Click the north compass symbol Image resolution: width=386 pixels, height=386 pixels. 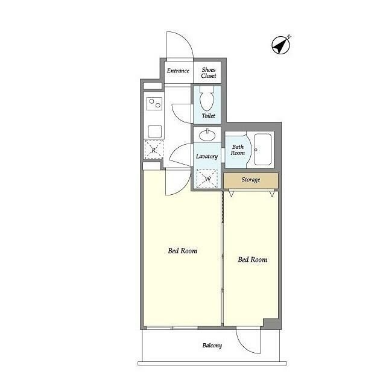(x=281, y=45)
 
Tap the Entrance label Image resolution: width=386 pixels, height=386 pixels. (x=178, y=71)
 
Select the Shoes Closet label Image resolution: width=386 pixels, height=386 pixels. (x=209, y=73)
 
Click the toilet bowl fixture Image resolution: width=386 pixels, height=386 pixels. (x=206, y=98)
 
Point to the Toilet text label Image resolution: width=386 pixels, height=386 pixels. (x=208, y=116)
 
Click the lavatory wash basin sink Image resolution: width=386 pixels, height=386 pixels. (x=207, y=135)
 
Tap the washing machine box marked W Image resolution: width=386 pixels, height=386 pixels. (x=207, y=179)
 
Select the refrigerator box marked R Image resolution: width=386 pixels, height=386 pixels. (x=154, y=150)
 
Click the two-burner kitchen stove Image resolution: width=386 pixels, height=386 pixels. (x=154, y=104)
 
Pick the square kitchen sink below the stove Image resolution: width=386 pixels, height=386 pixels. (x=155, y=131)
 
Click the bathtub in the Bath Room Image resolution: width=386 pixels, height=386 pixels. (x=263, y=150)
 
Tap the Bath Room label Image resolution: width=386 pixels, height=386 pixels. (x=238, y=150)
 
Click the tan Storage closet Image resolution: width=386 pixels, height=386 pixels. (x=251, y=180)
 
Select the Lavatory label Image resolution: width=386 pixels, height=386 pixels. (x=207, y=157)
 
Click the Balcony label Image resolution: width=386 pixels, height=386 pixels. (x=212, y=346)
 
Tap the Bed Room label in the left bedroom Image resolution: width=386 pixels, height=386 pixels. (x=182, y=251)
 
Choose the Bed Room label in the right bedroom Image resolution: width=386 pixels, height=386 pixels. (x=252, y=259)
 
